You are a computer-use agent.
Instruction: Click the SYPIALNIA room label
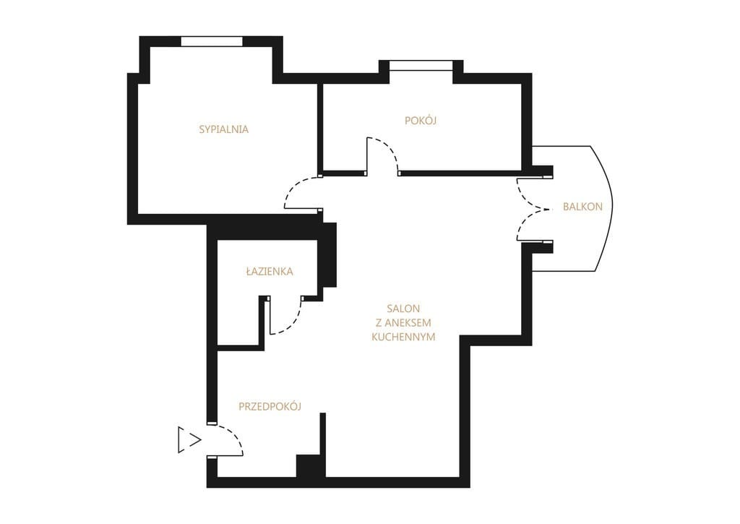(x=224, y=129)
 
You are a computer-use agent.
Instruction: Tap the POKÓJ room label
(x=421, y=121)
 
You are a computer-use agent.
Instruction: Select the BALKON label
(x=583, y=206)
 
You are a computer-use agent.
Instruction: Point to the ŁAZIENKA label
(x=270, y=271)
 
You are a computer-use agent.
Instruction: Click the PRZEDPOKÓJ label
(x=270, y=406)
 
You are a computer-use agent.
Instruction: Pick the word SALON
(x=403, y=309)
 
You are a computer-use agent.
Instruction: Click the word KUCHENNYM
(x=403, y=337)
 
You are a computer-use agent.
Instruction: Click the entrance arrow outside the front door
(x=190, y=439)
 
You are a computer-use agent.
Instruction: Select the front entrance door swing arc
(x=233, y=434)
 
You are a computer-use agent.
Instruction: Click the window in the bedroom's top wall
(x=212, y=41)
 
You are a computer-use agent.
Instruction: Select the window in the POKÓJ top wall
(x=421, y=65)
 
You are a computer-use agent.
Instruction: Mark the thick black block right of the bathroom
(x=330, y=255)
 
